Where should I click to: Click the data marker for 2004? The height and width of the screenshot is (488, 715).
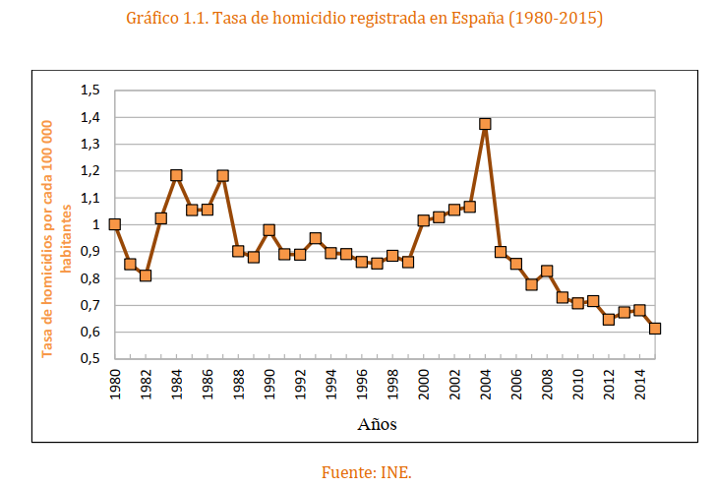(485, 124)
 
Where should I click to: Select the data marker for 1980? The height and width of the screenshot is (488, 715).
(114, 224)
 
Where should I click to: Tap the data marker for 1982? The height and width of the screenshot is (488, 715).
(146, 275)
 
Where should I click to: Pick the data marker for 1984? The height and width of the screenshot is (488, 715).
(176, 175)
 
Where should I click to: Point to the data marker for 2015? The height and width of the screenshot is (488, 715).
(655, 329)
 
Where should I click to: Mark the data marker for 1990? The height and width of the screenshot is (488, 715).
(268, 230)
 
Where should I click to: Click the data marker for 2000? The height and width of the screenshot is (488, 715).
(423, 220)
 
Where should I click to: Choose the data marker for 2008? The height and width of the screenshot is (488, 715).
(547, 272)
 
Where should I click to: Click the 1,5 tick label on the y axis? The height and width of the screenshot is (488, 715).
(90, 91)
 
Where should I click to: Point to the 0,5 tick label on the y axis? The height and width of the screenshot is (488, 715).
(90, 359)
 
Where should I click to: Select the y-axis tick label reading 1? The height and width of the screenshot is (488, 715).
(96, 224)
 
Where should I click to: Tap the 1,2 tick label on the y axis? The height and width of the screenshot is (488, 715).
(90, 171)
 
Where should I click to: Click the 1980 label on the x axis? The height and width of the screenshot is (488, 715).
(115, 385)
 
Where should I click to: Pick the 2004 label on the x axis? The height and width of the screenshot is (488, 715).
(486, 385)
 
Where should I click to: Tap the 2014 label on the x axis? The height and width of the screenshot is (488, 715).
(640, 385)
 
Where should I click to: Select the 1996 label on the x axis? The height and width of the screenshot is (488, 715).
(362, 385)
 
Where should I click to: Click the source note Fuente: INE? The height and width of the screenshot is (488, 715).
(366, 472)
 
